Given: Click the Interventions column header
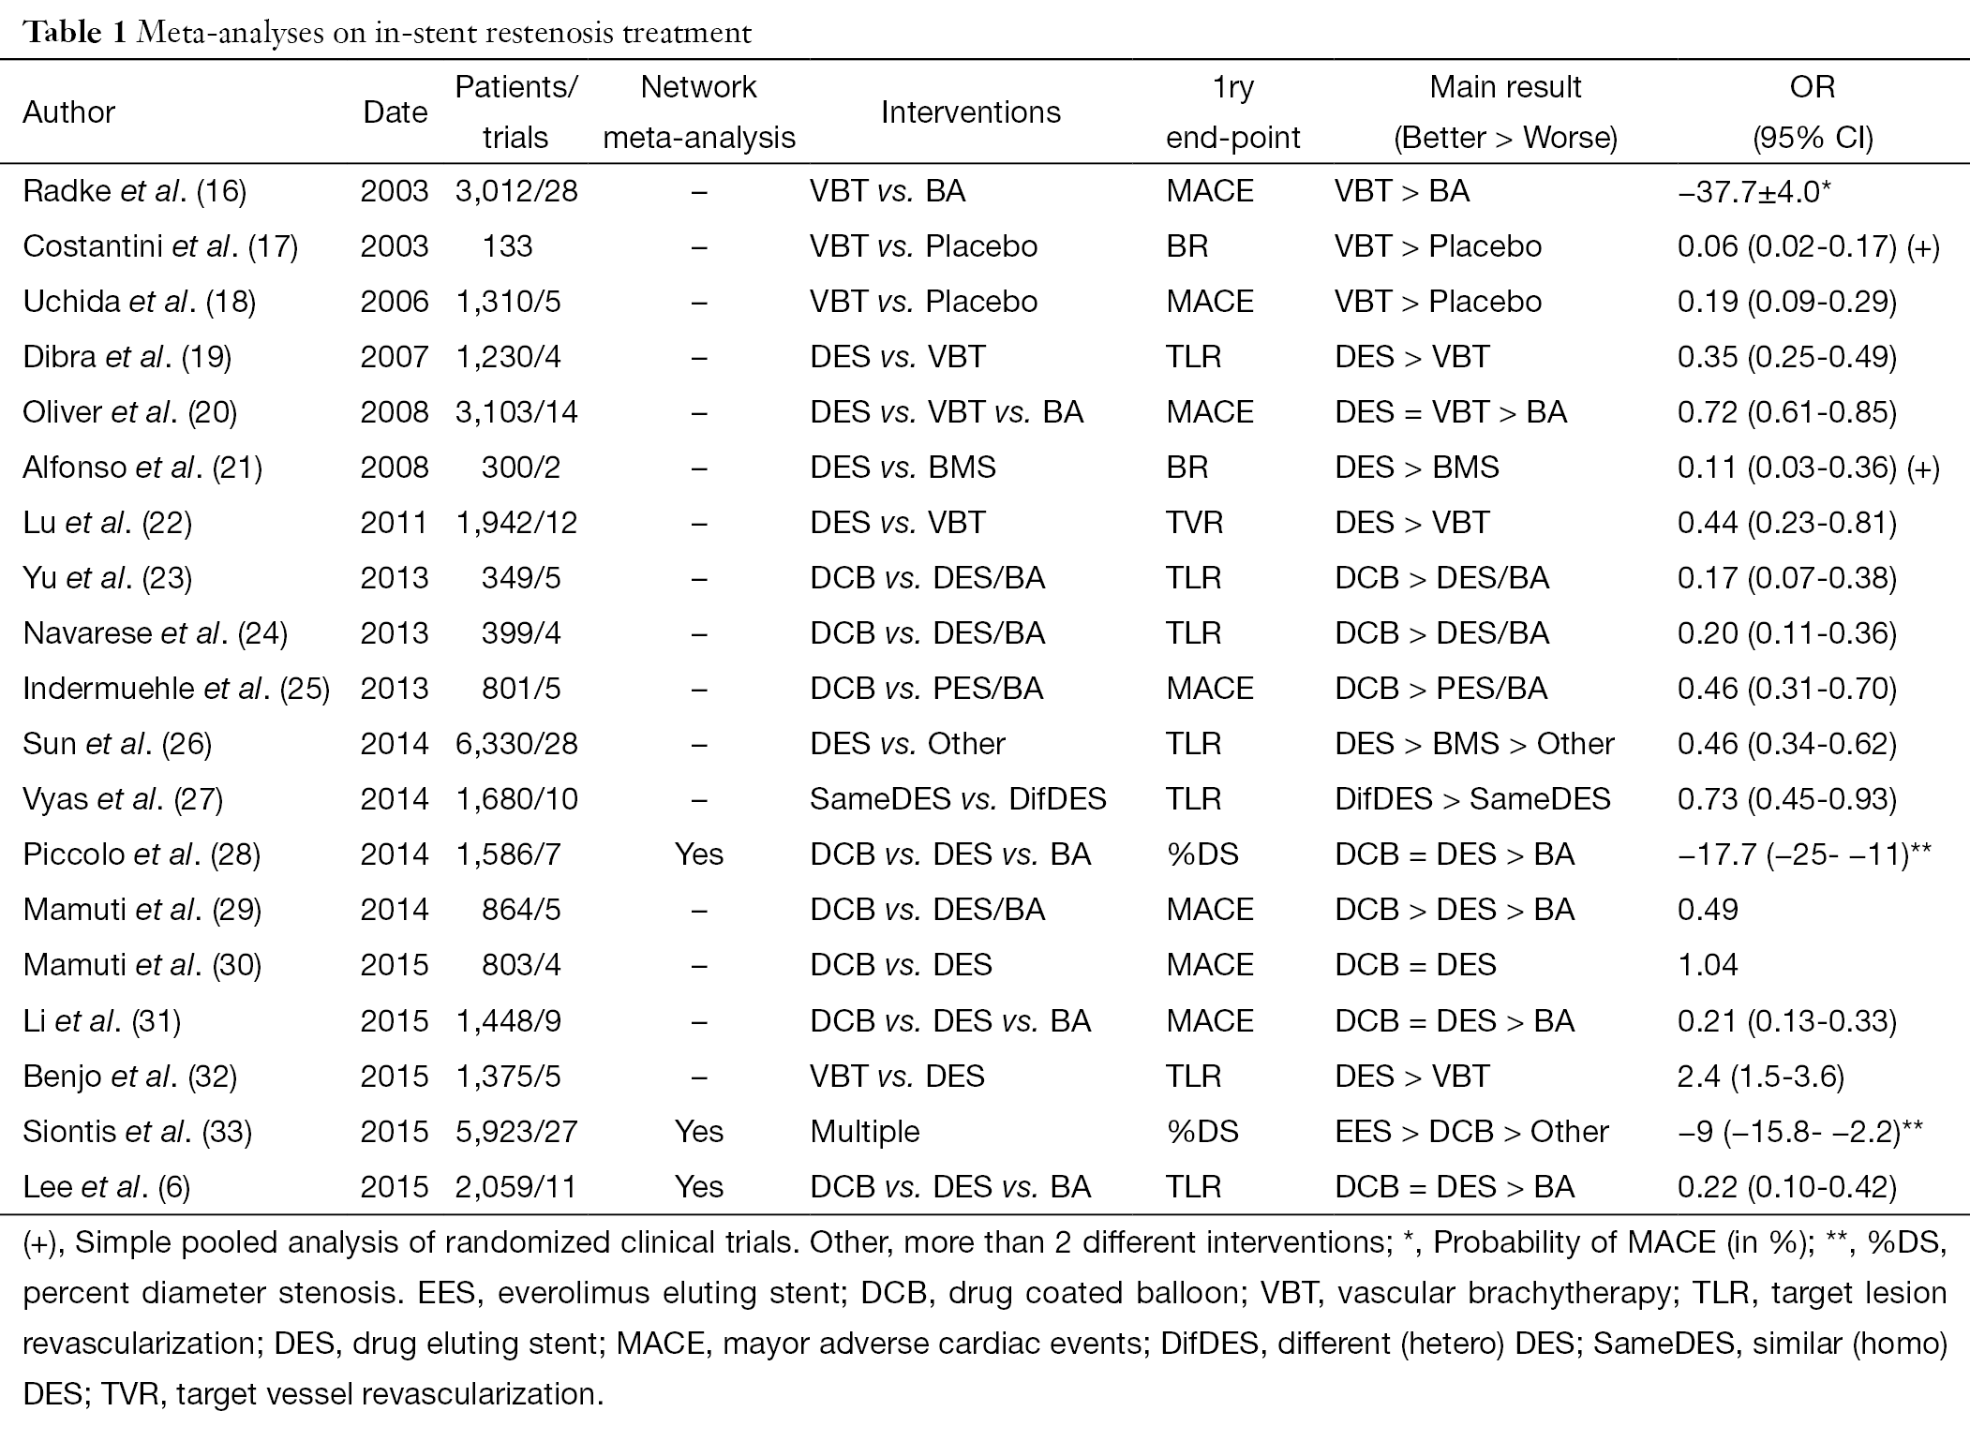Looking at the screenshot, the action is click(970, 112).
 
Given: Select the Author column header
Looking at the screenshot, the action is click(68, 112).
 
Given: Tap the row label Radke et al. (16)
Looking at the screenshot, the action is click(134, 191).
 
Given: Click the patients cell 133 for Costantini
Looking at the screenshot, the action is click(507, 246).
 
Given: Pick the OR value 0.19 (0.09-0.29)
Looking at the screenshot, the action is click(1786, 302).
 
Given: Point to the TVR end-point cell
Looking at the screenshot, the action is click(1194, 523).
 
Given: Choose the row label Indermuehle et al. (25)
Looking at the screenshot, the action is click(176, 689).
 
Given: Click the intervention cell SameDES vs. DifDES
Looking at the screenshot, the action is click(958, 799).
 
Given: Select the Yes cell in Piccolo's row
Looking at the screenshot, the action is click(698, 854).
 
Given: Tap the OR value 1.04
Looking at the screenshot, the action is click(1708, 965).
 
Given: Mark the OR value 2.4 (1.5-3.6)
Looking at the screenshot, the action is click(1760, 1076).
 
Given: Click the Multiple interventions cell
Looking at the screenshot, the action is click(865, 1132).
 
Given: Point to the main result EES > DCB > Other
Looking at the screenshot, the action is click(1471, 1131).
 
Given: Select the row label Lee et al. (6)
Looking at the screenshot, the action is click(106, 1187).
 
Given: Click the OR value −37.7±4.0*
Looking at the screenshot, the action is click(1754, 191).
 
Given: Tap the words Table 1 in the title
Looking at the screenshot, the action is click(76, 33).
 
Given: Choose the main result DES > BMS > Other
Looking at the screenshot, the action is click(1474, 744).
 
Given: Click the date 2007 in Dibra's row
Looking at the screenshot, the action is click(394, 357).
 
